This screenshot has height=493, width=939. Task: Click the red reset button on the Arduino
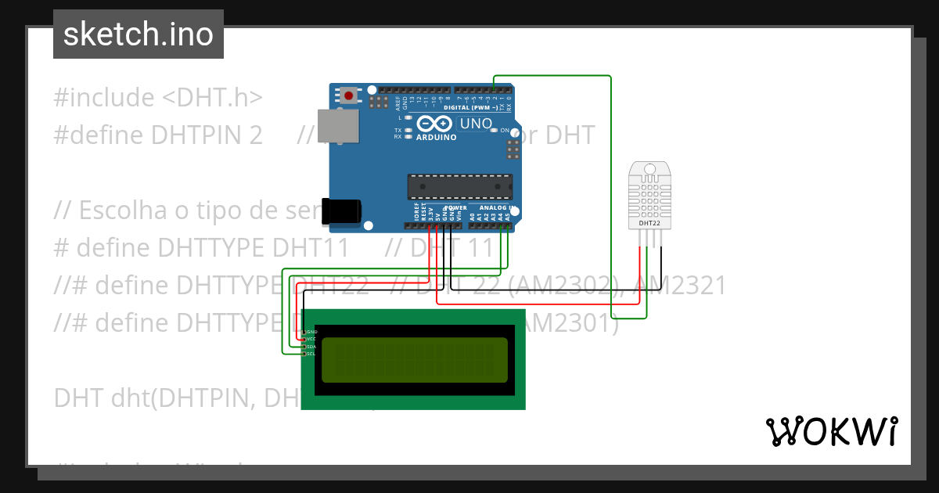click(x=348, y=95)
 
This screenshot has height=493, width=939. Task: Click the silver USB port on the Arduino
click(x=338, y=126)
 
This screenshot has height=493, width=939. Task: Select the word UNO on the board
click(x=475, y=124)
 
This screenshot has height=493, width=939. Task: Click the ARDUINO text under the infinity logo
click(x=436, y=137)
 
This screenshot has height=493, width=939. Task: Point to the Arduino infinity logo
click(x=435, y=124)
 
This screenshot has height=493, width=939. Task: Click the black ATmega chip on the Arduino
click(x=459, y=187)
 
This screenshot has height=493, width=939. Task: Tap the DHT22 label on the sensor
click(x=649, y=223)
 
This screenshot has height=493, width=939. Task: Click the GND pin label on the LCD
click(x=311, y=332)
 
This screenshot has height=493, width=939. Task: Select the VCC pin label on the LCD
click(x=311, y=339)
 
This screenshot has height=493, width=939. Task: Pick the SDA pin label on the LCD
click(x=311, y=346)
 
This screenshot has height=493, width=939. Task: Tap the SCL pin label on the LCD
click(x=311, y=354)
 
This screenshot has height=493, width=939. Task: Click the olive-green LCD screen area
click(x=414, y=359)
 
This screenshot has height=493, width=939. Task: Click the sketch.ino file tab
click(x=139, y=34)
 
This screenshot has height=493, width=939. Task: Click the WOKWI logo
click(x=831, y=430)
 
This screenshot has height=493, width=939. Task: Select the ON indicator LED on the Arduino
click(x=495, y=130)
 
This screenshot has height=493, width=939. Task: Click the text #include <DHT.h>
click(x=157, y=98)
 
